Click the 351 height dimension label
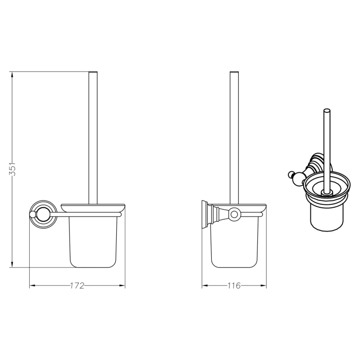tap(12, 169)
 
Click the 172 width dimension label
tap(77, 286)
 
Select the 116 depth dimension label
tap(234, 286)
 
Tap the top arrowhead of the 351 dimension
tap(12, 74)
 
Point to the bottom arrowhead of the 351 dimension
tap(12, 265)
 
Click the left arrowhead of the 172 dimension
tap(33, 286)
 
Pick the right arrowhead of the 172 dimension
tap(122, 286)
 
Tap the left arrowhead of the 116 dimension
tap(205, 286)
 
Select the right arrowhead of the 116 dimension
tap(264, 286)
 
